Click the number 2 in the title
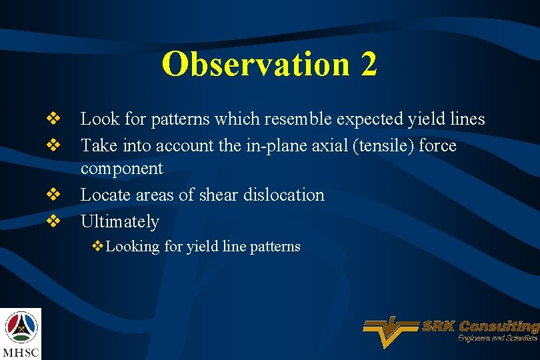[x=368, y=65]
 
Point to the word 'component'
[x=121, y=169]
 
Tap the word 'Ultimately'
[x=120, y=221]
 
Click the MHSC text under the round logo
[x=21, y=351]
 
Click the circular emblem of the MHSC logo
[x=21, y=327]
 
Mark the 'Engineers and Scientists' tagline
[x=497, y=339]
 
